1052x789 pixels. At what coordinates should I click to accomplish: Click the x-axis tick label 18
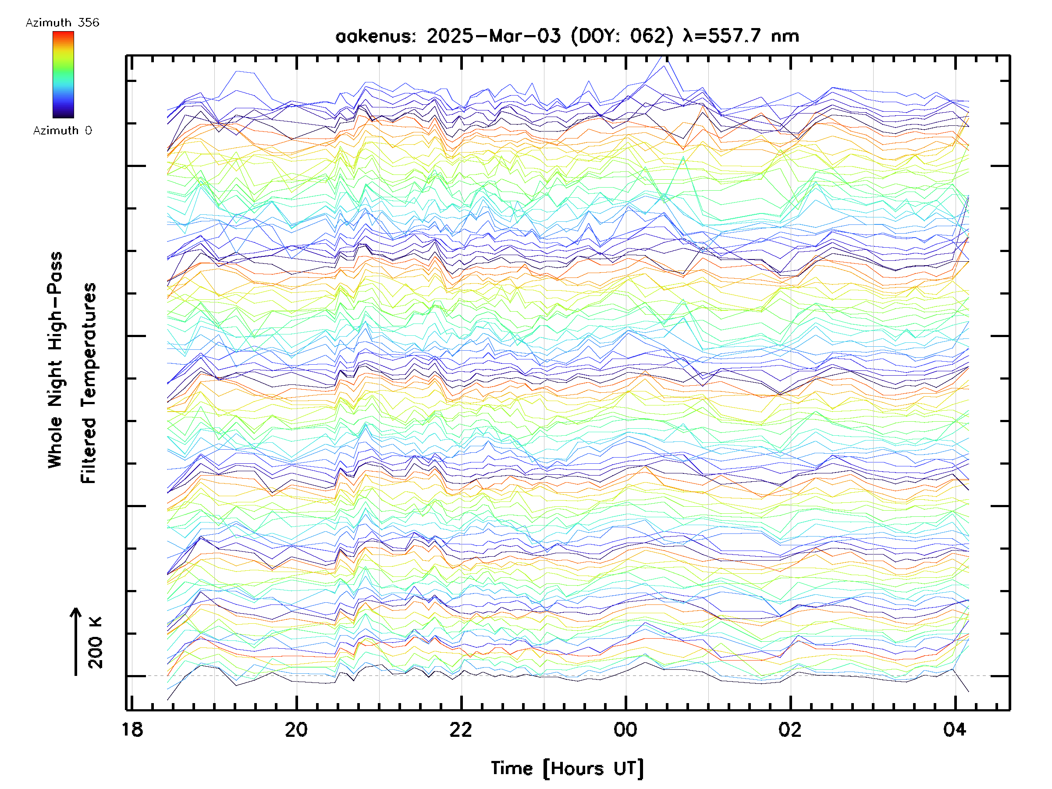(x=132, y=729)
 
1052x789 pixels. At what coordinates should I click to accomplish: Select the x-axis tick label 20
(x=296, y=729)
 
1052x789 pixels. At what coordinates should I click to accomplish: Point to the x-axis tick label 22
(x=460, y=729)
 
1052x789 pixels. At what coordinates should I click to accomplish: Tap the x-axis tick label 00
(x=625, y=729)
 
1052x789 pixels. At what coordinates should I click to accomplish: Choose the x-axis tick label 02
(x=789, y=729)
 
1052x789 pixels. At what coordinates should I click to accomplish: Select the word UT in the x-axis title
(x=627, y=768)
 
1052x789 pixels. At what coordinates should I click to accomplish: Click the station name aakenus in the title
(x=375, y=36)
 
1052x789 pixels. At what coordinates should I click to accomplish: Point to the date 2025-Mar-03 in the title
(x=493, y=36)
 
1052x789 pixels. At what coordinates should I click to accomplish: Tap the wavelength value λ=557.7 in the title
(x=722, y=36)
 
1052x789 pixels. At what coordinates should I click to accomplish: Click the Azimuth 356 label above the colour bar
(x=62, y=23)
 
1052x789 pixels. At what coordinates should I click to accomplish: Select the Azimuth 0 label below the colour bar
(x=62, y=130)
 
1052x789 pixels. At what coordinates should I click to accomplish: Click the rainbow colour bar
(x=63, y=75)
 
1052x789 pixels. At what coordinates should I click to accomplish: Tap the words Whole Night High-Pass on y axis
(x=55, y=359)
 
